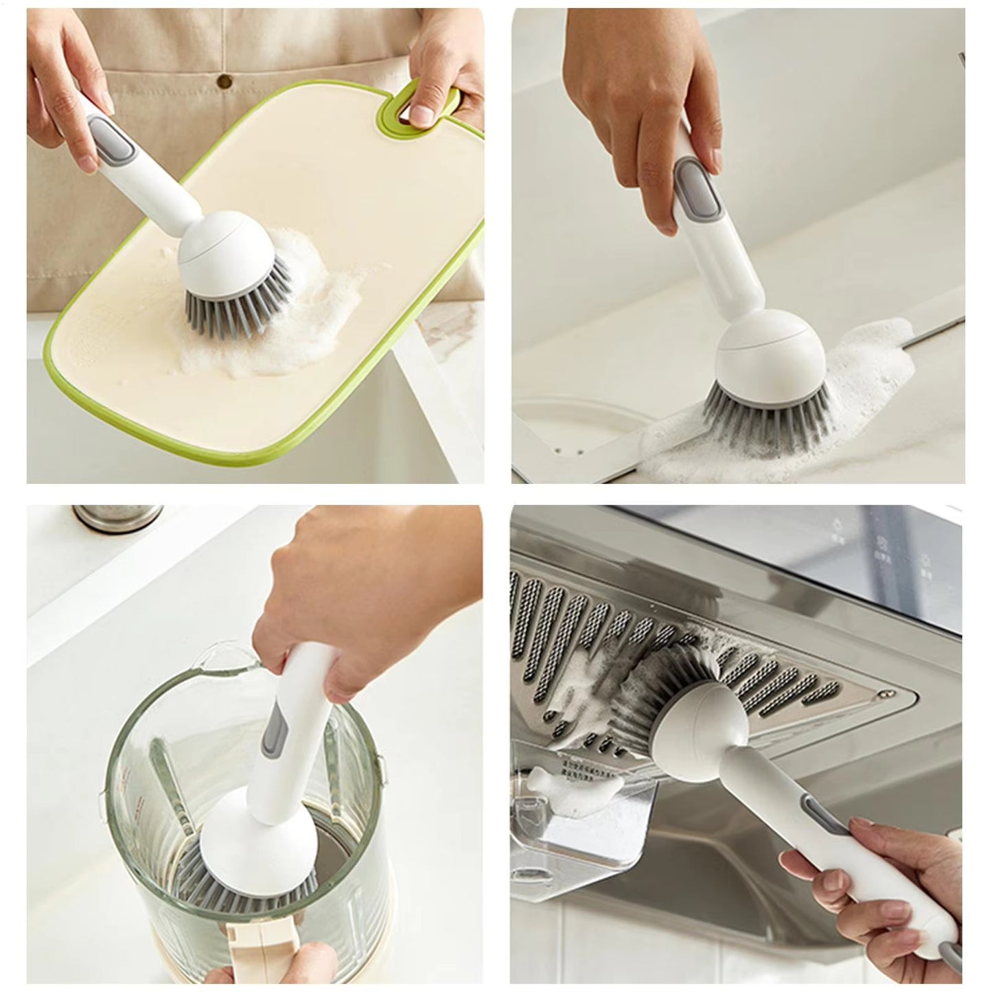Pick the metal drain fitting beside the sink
pyautogui.click(x=117, y=516)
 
